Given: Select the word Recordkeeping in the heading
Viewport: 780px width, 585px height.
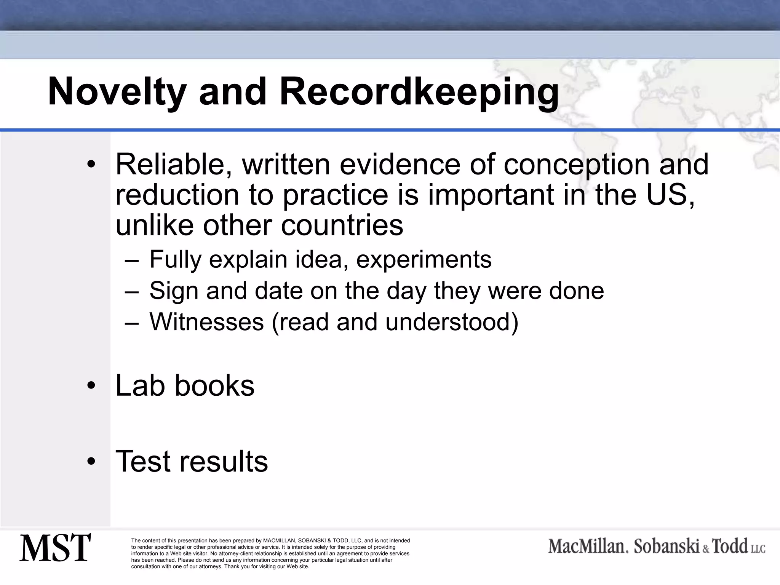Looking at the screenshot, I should point(419,92).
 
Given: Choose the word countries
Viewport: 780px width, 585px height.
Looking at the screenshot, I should point(342,225).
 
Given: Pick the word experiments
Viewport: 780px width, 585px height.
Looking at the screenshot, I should point(424,259).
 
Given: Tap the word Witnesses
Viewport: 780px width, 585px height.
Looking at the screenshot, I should point(206,322).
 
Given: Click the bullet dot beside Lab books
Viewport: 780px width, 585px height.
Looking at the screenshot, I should point(91,386).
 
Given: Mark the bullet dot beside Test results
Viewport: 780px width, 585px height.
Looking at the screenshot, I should point(91,462).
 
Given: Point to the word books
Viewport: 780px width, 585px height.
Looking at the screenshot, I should point(214,385).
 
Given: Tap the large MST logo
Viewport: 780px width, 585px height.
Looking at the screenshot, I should point(55,548).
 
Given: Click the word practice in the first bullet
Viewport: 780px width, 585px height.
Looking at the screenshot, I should point(335,195).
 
